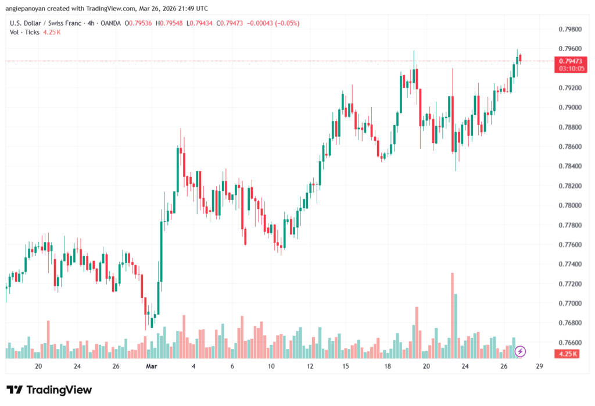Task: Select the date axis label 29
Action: pyautogui.click(x=540, y=366)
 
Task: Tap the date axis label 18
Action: pyautogui.click(x=386, y=366)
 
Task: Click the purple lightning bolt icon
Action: pyautogui.click(x=521, y=351)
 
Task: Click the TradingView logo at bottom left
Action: pyautogui.click(x=49, y=390)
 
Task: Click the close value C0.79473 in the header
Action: pyautogui.click(x=228, y=23)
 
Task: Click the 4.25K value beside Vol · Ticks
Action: pyautogui.click(x=52, y=32)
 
